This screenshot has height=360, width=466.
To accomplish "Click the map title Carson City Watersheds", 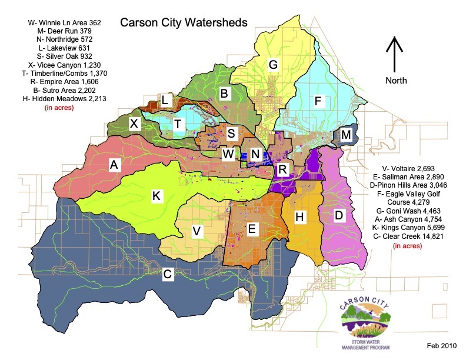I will [184, 22].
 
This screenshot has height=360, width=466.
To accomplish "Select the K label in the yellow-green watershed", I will [157, 196].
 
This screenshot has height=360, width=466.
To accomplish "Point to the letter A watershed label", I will [114, 166].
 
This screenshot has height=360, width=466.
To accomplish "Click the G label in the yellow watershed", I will [273, 64].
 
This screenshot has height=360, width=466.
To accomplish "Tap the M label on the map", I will [346, 135].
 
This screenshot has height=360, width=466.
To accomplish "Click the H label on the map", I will [299, 218].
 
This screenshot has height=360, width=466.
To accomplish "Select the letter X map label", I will [134, 124].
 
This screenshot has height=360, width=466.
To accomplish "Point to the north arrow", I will [395, 53].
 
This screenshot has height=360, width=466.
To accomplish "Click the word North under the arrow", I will [395, 79].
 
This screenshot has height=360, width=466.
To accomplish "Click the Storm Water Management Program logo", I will [366, 326].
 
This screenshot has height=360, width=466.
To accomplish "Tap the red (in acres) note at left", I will [55, 108].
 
